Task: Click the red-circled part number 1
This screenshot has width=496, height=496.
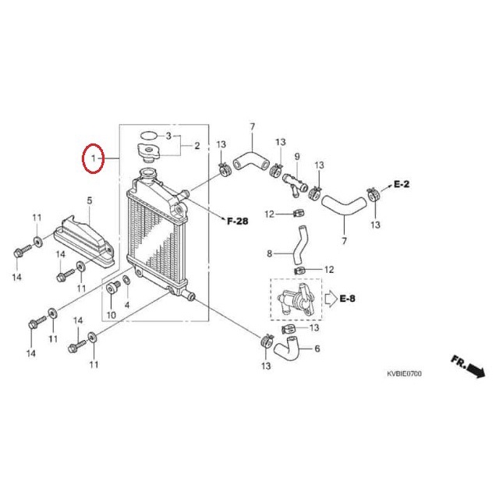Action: (93, 160)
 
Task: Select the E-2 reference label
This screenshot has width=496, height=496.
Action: (401, 185)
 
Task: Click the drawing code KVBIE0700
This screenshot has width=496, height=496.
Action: (404, 374)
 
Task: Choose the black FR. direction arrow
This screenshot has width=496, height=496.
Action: (466, 365)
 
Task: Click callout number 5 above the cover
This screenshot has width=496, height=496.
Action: (89, 200)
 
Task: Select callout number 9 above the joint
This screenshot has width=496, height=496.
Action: (296, 157)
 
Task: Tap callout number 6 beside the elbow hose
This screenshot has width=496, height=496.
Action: (317, 349)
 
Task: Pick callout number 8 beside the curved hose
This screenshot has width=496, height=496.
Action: (270, 253)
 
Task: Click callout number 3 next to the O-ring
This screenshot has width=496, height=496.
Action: (167, 136)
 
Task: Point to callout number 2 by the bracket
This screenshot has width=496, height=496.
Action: (197, 146)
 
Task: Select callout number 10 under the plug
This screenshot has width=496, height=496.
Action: (111, 314)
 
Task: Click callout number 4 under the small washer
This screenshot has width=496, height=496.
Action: (127, 304)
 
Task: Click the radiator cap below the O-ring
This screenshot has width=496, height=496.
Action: (147, 151)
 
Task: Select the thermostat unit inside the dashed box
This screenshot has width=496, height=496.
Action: (295, 298)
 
